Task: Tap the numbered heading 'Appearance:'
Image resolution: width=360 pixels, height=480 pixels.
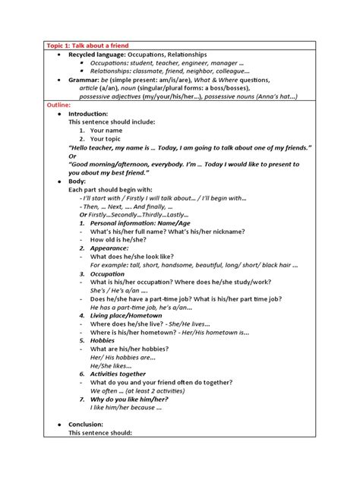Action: (x=109, y=248)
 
